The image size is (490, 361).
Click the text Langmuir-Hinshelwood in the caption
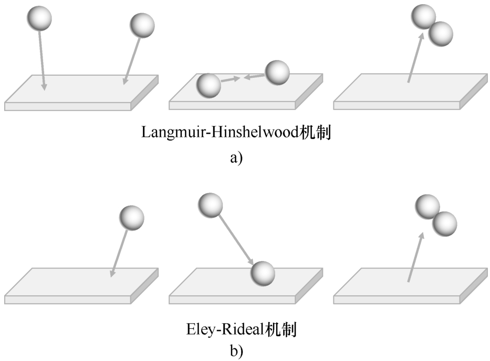click(x=219, y=132)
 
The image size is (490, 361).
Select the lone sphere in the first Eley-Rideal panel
click(x=131, y=218)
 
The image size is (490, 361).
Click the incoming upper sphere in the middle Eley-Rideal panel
click(x=211, y=204)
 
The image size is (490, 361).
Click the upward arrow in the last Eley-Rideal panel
click(x=414, y=259)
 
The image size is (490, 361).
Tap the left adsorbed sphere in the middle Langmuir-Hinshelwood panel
click(x=208, y=86)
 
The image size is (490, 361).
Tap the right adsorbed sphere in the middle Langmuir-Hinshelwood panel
click(x=277, y=73)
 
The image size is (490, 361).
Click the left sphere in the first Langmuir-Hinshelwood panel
click(x=39, y=19)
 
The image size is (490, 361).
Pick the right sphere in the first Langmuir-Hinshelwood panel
click(x=142, y=25)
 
